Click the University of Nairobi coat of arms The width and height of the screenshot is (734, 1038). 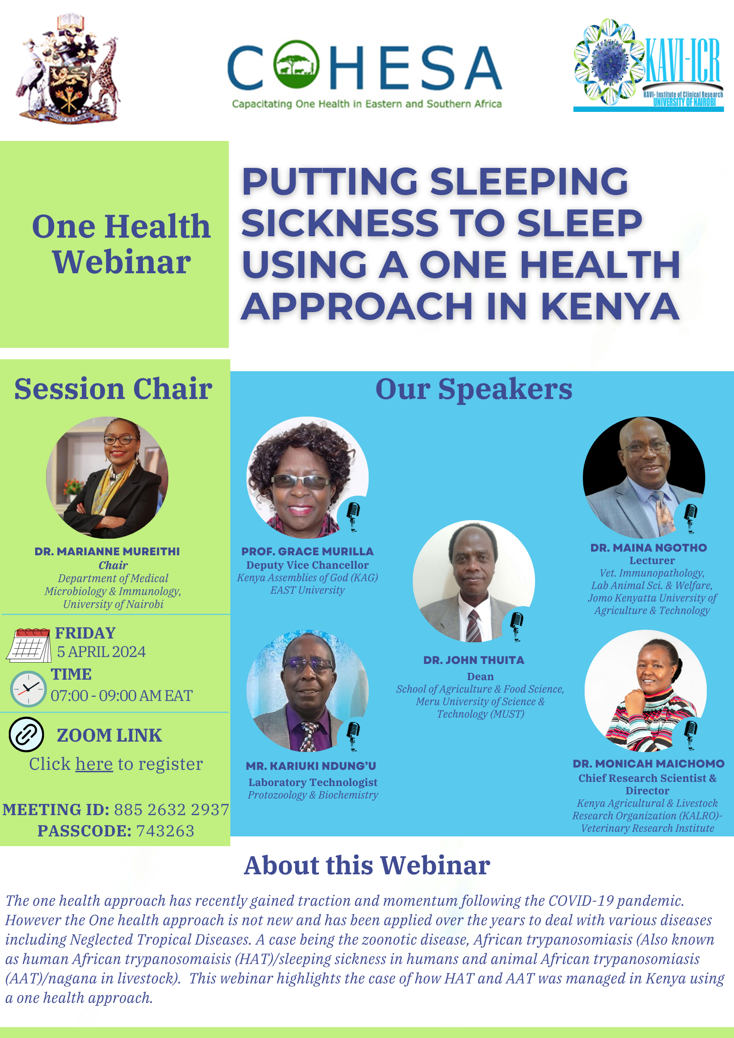[68, 68]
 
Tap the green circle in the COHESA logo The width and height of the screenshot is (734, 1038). [296, 65]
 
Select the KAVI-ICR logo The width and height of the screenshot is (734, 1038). [648, 65]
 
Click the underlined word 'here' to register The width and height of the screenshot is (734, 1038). [94, 764]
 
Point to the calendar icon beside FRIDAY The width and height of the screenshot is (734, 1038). [29, 645]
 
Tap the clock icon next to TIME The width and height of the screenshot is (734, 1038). [28, 688]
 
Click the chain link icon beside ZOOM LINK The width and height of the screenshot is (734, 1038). [26, 734]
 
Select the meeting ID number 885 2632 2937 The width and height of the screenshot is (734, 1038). [172, 810]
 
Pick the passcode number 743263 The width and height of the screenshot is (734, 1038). [165, 831]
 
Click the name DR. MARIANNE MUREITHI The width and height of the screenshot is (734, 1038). [107, 551]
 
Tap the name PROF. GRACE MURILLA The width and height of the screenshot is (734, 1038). [308, 551]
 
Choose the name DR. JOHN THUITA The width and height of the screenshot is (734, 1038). [474, 660]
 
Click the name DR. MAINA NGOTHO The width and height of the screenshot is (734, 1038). [648, 547]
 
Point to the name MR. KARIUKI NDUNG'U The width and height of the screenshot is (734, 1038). [311, 766]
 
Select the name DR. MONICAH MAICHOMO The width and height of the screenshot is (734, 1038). [648, 764]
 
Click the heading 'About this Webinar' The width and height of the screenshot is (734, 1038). [367, 866]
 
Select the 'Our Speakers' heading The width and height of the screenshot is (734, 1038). [474, 389]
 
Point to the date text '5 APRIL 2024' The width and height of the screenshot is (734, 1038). [101, 652]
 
